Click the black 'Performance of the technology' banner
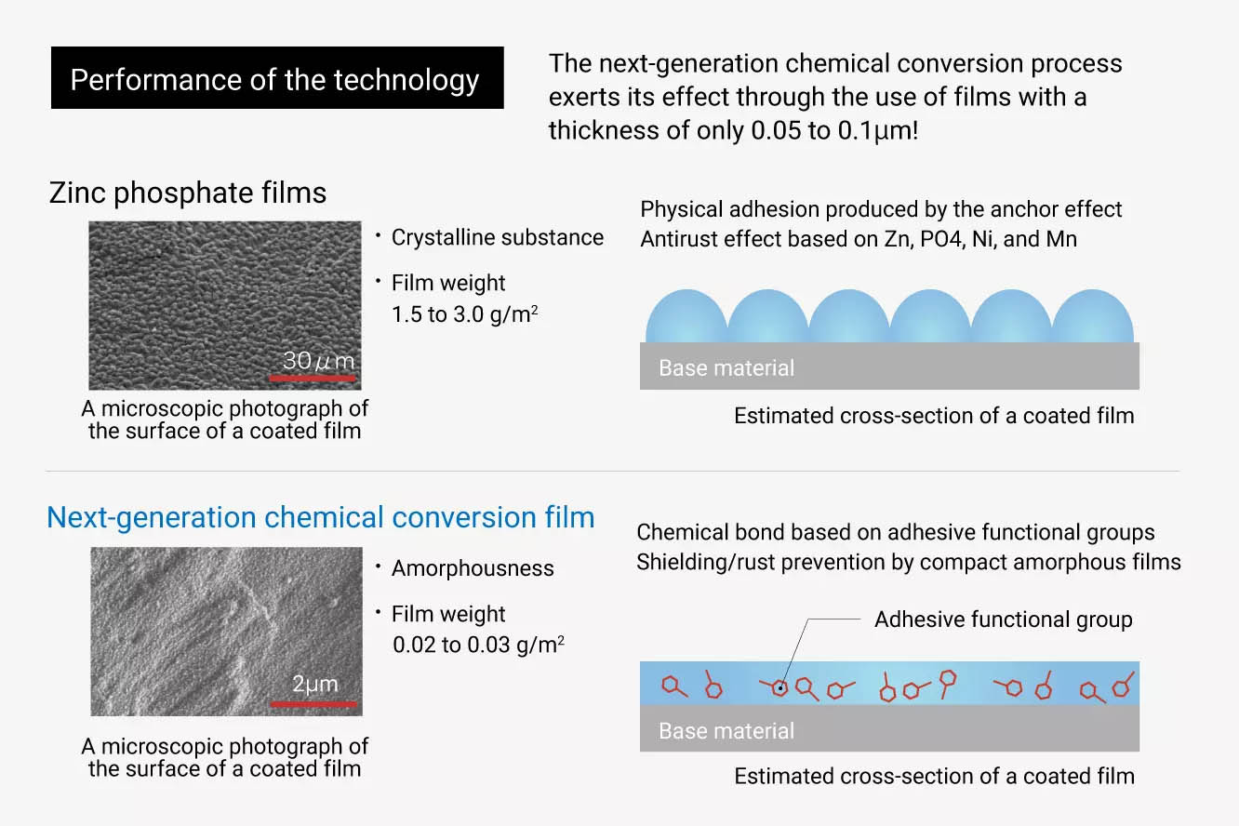coord(277,77)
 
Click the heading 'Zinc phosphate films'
coord(188,193)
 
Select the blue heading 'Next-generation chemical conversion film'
coord(321,518)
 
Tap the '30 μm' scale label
coord(318,361)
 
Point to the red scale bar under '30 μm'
coord(313,379)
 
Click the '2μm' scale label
coord(314,684)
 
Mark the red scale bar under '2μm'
coord(313,704)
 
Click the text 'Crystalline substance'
coord(498,237)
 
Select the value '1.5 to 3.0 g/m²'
coord(465,313)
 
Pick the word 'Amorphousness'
coord(473,568)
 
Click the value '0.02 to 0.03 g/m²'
coord(478,645)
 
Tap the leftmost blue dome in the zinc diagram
coord(686,317)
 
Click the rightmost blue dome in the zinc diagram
coord(1092,317)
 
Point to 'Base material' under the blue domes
coord(726,368)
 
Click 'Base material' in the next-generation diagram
coord(726,731)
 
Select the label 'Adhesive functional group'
coord(1004,619)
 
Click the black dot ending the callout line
coord(780,688)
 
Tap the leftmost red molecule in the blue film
coord(674,686)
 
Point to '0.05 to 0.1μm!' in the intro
coord(834,130)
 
